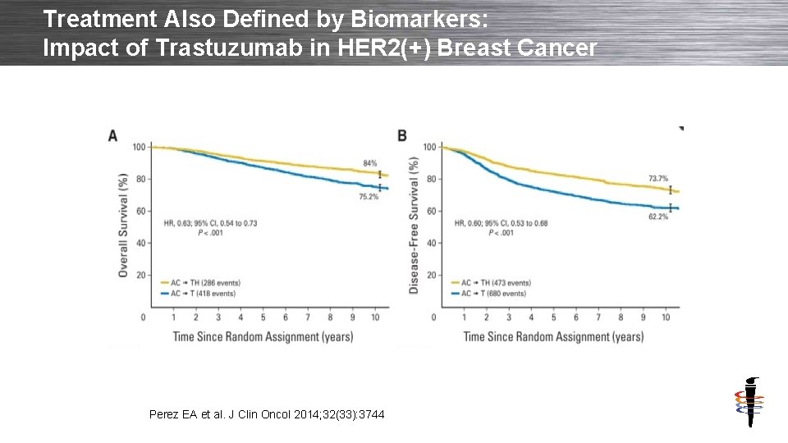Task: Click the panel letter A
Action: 112,135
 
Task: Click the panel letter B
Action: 402,135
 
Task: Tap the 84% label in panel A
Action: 370,162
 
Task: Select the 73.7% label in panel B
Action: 658,178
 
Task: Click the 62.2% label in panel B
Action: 658,217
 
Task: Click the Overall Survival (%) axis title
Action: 123,225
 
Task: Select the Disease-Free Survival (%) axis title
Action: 415,226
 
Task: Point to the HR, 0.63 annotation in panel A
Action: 210,223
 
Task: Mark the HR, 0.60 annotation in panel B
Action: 501,223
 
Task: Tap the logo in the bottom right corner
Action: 749,402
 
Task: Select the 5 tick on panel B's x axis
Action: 553,317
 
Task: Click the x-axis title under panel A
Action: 263,336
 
